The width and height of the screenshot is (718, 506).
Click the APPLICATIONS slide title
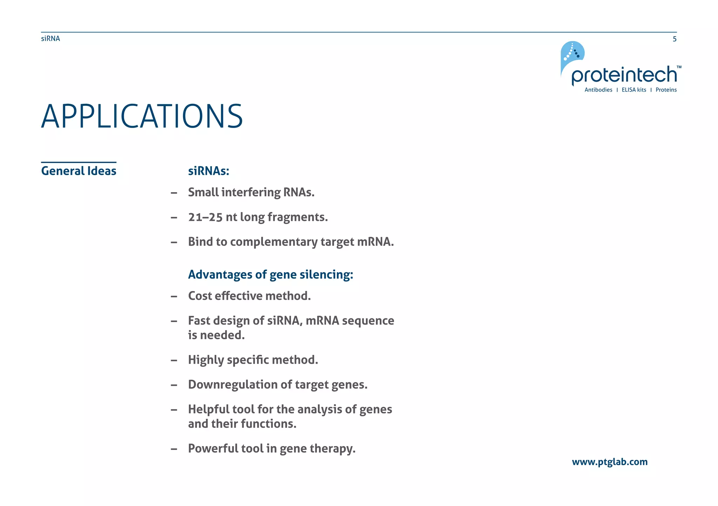(x=142, y=116)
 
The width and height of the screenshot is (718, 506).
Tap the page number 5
(x=674, y=39)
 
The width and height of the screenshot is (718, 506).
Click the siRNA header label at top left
(x=50, y=39)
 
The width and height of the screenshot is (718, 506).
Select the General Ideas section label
(x=79, y=171)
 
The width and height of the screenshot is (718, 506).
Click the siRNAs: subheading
(x=208, y=171)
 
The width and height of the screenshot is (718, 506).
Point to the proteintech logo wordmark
(x=624, y=75)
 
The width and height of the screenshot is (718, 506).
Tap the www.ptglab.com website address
(x=609, y=462)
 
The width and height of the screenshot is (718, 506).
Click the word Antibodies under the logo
(x=598, y=90)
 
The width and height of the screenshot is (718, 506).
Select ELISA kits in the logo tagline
(x=634, y=90)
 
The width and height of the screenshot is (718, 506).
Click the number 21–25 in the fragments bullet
(x=205, y=217)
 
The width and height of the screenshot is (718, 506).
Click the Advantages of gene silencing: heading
(x=270, y=274)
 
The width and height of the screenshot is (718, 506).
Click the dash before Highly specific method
(x=174, y=360)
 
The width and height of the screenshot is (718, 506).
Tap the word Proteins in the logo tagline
(x=666, y=90)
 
